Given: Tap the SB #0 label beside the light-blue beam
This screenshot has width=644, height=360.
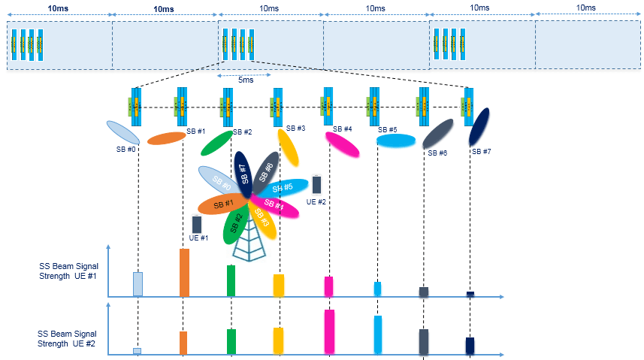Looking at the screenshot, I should point(125,149).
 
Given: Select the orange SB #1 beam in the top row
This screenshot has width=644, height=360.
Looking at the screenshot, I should point(166,138).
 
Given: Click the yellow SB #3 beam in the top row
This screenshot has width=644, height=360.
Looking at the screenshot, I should point(288,147).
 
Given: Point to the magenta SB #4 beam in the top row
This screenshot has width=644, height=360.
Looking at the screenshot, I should point(342,144).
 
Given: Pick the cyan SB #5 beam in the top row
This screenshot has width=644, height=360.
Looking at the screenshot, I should point(395,141).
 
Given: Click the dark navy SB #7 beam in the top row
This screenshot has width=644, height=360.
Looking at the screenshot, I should point(479,126).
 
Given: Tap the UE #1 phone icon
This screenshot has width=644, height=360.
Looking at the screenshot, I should point(197,224).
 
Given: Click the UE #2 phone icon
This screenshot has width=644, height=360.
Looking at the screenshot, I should point(316,184).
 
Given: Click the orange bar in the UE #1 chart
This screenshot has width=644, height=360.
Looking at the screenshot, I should point(184,272).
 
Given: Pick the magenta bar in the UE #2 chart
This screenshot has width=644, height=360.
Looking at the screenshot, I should point(328,331).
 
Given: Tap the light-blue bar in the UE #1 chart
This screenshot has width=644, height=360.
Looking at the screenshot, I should point(138,283).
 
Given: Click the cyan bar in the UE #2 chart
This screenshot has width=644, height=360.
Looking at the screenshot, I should point(377,334).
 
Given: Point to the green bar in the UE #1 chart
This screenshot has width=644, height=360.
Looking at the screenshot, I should point(231,280).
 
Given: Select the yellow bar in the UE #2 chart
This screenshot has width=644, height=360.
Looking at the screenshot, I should point(278,340).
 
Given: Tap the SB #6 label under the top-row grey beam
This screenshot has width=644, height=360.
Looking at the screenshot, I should point(437,153).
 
